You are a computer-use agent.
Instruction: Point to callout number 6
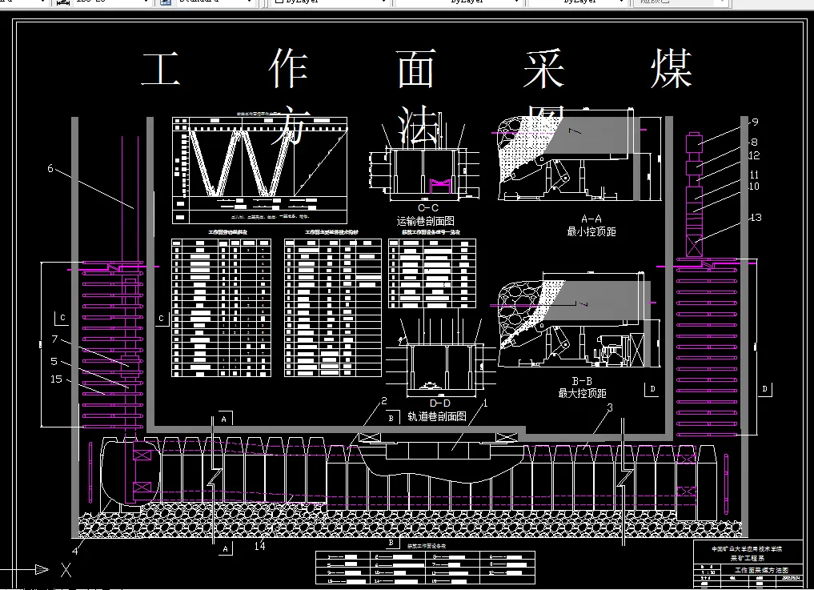(x=50, y=169)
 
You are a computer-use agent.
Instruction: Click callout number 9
(x=754, y=122)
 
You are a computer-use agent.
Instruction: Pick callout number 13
(x=756, y=218)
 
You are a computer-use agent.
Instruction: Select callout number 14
(x=259, y=546)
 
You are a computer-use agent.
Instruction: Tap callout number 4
(x=76, y=551)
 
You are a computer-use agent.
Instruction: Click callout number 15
(x=56, y=379)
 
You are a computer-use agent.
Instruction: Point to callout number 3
(x=610, y=408)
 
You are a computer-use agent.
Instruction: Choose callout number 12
(x=754, y=156)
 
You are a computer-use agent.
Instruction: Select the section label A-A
(x=591, y=218)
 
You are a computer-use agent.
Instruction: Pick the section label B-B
(x=582, y=380)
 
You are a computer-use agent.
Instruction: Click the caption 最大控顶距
(x=582, y=393)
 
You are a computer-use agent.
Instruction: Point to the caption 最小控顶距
(x=591, y=231)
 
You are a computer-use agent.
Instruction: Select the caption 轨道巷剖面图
(x=437, y=416)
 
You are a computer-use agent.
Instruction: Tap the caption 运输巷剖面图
(x=426, y=221)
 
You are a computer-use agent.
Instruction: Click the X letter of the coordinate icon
(x=66, y=570)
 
